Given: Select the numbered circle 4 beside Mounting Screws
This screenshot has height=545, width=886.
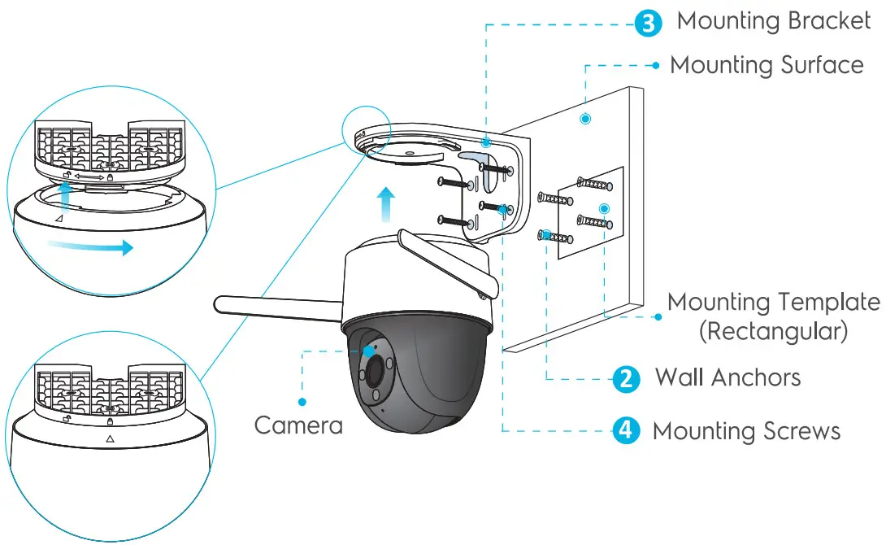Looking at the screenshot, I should point(625,430).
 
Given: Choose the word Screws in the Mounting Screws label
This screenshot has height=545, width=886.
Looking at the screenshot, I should point(796,430).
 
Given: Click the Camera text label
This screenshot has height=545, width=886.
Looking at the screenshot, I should point(298,425).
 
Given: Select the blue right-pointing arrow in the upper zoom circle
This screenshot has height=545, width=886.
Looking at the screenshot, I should point(89,247).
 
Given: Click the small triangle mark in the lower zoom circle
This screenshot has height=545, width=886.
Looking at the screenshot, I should point(110,438).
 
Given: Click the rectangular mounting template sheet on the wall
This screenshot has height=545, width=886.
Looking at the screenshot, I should point(592,213).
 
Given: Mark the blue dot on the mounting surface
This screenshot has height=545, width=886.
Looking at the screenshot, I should point(585,120).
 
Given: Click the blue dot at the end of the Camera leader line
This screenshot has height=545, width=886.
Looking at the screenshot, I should point(302,401).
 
